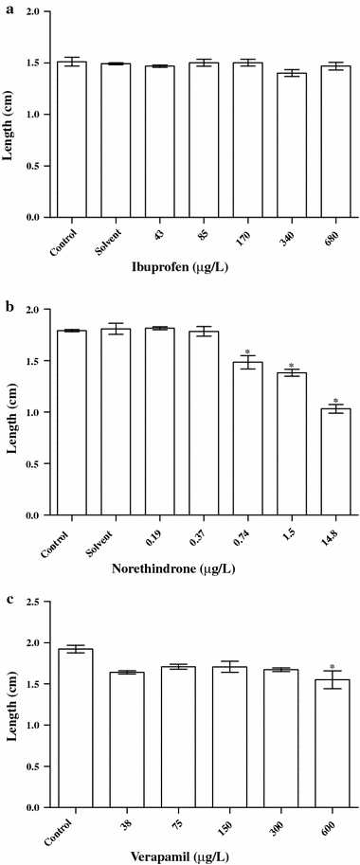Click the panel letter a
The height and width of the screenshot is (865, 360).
[7, 7]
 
